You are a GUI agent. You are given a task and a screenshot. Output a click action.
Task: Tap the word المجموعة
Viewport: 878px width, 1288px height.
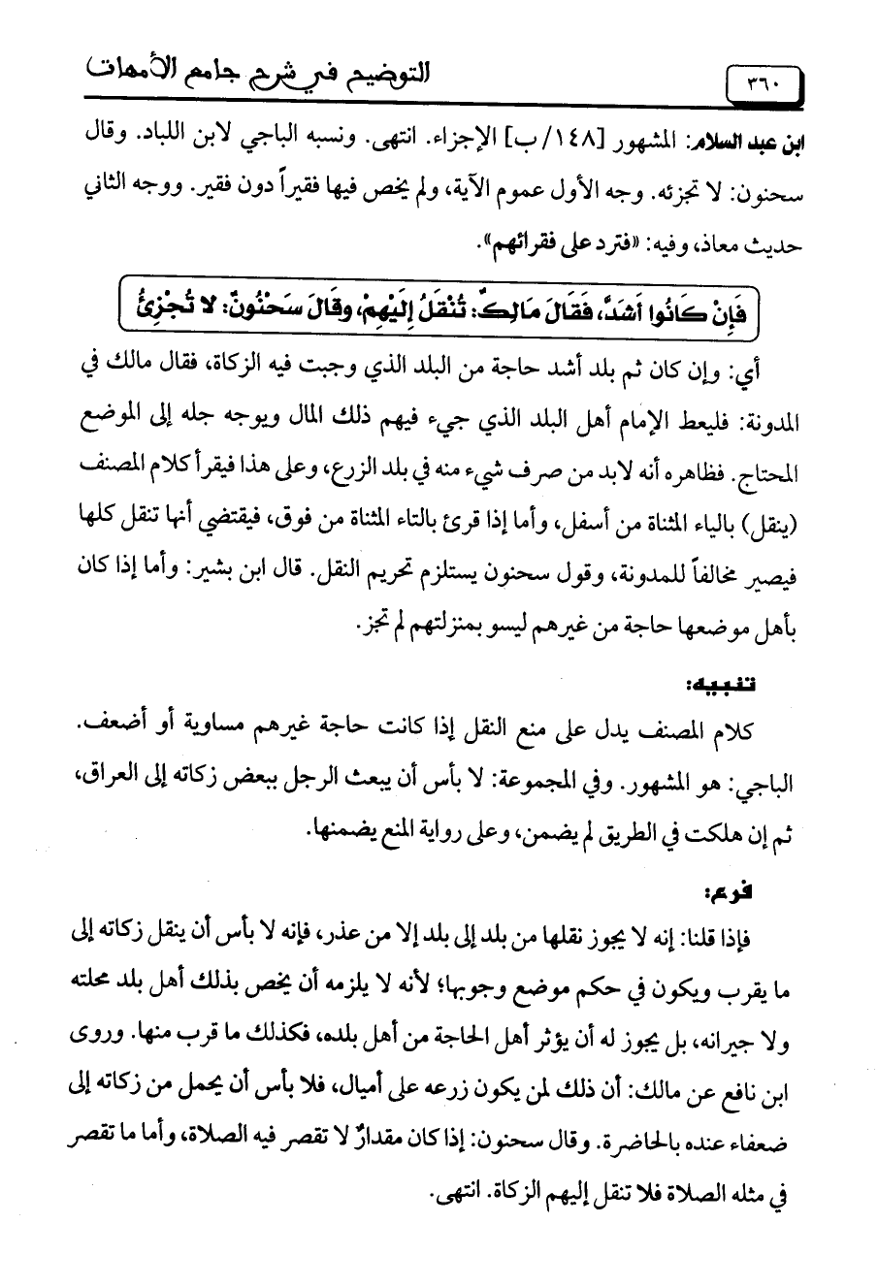(x=589, y=766)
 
